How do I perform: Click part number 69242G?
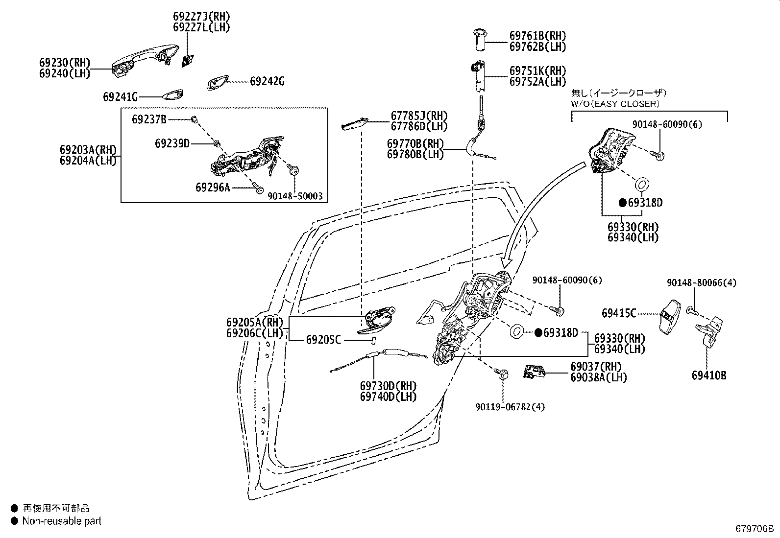(x=267, y=81)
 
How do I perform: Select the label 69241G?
(x=120, y=97)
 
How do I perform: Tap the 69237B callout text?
(x=149, y=119)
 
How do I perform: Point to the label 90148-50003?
(x=295, y=196)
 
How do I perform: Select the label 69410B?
(x=709, y=375)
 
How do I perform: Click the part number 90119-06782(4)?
(x=510, y=407)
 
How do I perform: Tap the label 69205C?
(x=323, y=339)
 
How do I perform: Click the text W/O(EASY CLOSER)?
(x=615, y=104)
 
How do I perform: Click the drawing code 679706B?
(x=754, y=529)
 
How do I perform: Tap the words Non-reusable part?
(x=62, y=521)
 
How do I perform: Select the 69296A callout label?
(x=212, y=187)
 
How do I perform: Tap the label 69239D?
(x=172, y=143)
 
